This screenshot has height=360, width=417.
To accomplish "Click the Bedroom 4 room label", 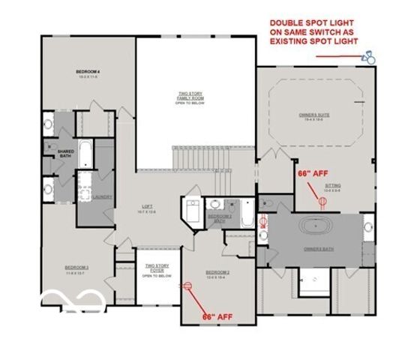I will coord(88,73).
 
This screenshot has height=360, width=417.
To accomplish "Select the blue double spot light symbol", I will coord(369,57).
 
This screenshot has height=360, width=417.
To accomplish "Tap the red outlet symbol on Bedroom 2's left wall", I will coord(188,285).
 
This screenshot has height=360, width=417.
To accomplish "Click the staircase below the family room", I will coord(199,159).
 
